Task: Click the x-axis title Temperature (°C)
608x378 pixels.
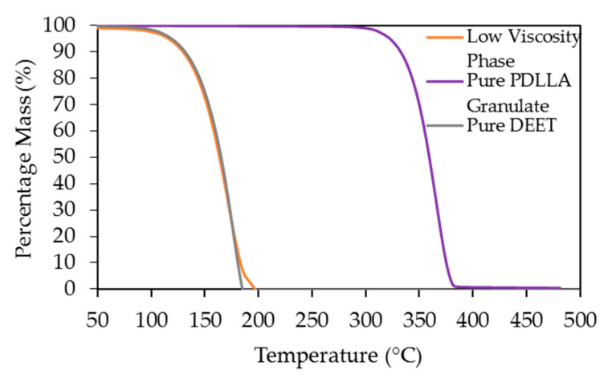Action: pyautogui.click(x=337, y=353)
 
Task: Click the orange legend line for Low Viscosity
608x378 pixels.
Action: pyautogui.click(x=445, y=37)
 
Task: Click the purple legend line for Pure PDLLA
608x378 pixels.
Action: pyautogui.click(x=445, y=81)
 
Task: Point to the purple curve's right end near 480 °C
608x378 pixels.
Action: pyautogui.click(x=560, y=287)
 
